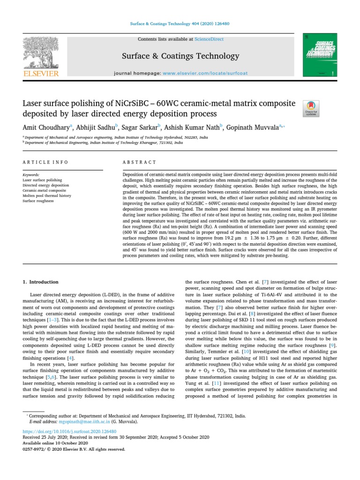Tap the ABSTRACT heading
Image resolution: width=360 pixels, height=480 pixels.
[139, 162]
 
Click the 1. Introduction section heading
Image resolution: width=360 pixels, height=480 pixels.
[41, 282]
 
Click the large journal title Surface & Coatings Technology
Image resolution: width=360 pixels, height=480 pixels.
[180, 56]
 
